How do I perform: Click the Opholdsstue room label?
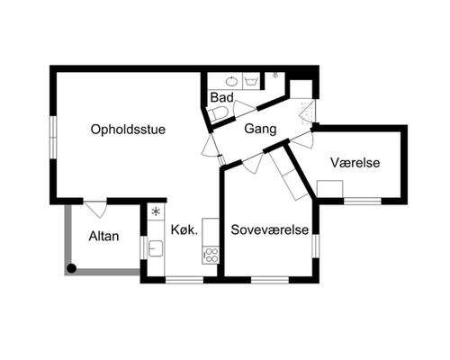click(x=128, y=130)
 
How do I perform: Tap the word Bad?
click(x=221, y=97)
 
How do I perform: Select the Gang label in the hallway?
click(x=260, y=130)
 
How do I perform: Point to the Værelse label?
click(x=355, y=163)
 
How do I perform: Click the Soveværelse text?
click(x=270, y=229)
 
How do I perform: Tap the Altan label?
click(x=105, y=237)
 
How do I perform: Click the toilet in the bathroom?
click(x=218, y=113)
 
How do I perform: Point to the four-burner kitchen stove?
click(x=211, y=254)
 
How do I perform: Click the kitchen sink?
click(x=156, y=248)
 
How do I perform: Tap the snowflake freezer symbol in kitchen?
click(x=157, y=211)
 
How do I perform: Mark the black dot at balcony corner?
click(x=71, y=268)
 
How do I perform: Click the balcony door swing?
click(x=97, y=209)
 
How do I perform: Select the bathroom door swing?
click(x=243, y=109)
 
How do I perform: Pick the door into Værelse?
click(x=302, y=139)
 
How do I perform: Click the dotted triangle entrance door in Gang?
click(x=308, y=112)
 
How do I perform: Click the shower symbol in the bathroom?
click(x=275, y=76)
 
